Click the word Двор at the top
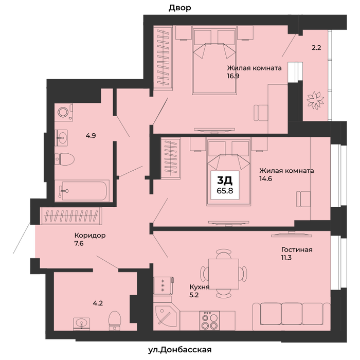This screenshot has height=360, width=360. point(180,8)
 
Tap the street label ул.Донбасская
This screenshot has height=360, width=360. point(180,350)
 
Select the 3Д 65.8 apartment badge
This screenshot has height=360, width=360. point(225,185)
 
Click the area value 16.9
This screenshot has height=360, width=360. point(233,76)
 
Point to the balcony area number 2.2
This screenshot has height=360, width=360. point(316,48)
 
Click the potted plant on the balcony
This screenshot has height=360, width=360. point(315,100)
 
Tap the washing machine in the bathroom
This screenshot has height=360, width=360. point(64,112)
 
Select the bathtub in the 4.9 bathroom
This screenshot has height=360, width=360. point(82,191)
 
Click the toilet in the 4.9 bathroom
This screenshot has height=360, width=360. point(65,159)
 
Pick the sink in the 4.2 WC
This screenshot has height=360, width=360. point(81,324)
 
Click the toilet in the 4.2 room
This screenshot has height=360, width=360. point(115,321)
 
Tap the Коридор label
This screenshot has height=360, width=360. point(90,236)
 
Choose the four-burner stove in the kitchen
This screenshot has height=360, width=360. point(209,320)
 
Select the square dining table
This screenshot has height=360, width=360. point(224,274)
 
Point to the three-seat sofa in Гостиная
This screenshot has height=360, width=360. point(292,316)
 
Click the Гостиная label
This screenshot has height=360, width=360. point(297,249)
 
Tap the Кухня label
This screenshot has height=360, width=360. point(200,287)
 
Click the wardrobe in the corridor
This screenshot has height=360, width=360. point(71,216)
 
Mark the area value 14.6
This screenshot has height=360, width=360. point(266,178)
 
